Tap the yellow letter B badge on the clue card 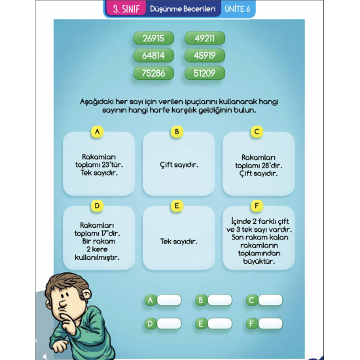tap(176, 132)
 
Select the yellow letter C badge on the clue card tap(257, 132)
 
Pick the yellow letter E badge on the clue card tap(176, 206)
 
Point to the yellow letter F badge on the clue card tap(257, 206)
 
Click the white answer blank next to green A tap(168, 300)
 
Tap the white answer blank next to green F tap(270, 323)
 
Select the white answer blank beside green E tap(219, 323)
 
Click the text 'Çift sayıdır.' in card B tap(179, 165)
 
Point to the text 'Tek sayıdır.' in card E tap(179, 242)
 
